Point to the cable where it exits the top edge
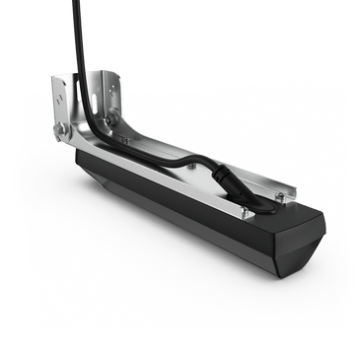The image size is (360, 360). [76, 4]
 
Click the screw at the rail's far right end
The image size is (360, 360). [280, 197]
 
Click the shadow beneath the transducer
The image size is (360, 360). [197, 261]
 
